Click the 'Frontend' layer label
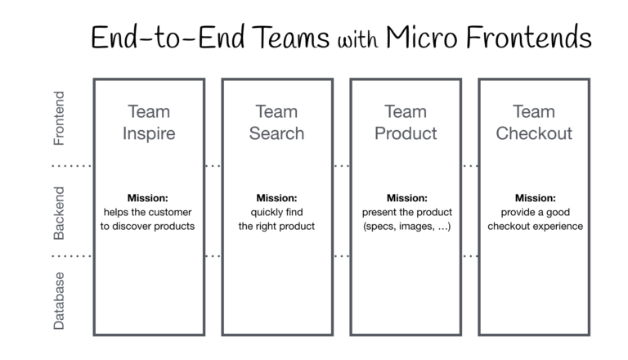pos(59,118)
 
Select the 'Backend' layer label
pos(59,213)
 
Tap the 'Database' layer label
pos(59,300)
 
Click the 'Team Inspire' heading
pos(148,122)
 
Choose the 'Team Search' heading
pos(276,122)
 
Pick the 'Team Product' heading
pos(406,122)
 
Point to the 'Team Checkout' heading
pos(534,122)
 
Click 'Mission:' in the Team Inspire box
pos(148,198)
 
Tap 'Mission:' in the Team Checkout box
pos(535,198)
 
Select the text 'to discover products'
pos(148,227)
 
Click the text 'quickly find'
pos(276,212)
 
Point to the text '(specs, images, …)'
pos(406,227)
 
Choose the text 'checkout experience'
pos(535,227)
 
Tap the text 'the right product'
pos(276,227)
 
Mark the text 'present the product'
pos(406,212)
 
